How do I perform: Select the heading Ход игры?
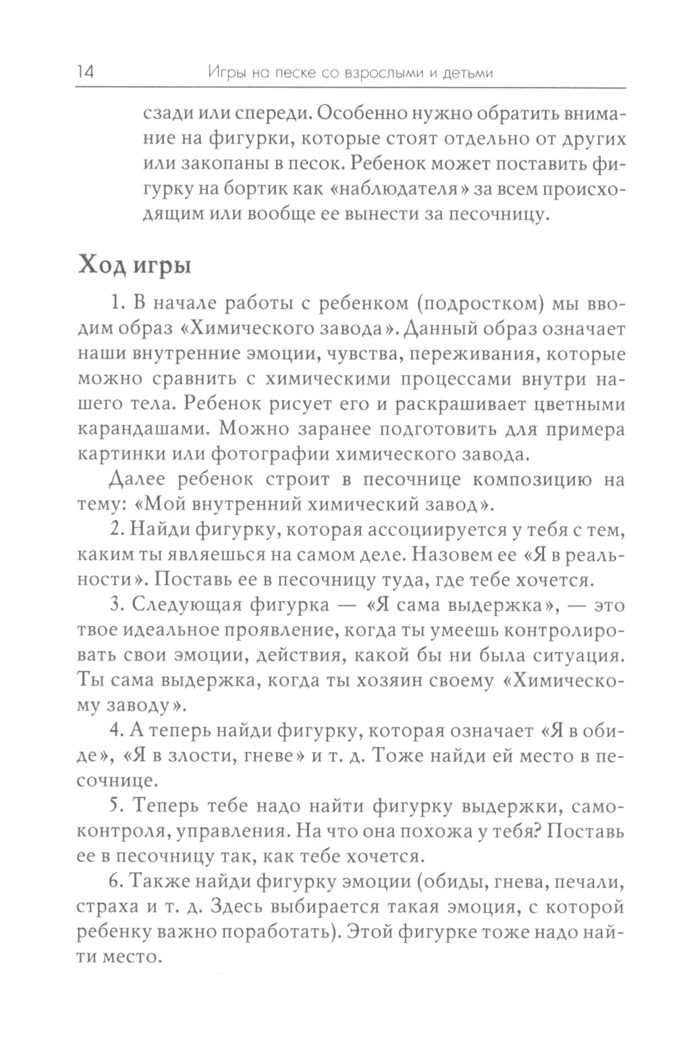[134, 265]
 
